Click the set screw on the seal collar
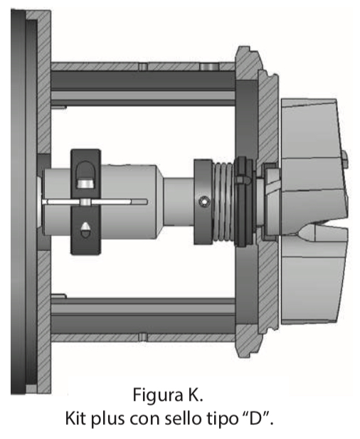(x=203, y=201)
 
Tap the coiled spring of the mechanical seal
(x=223, y=201)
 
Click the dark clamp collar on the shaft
(x=85, y=201)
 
